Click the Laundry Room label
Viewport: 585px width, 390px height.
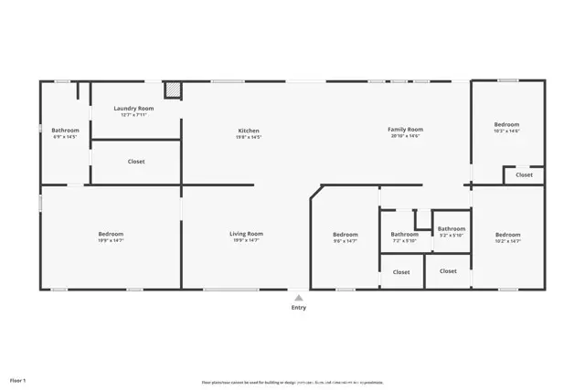(133, 109)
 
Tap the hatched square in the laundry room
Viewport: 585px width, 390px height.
(173, 90)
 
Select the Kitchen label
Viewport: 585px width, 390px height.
(249, 131)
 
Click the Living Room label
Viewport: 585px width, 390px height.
(246, 234)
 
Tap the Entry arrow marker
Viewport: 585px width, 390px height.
(299, 297)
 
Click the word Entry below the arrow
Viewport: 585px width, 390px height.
(299, 307)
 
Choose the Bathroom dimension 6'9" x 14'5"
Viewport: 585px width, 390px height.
(65, 137)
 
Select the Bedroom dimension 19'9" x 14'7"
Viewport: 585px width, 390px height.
(111, 241)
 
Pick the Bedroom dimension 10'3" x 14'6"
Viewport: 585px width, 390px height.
(506, 132)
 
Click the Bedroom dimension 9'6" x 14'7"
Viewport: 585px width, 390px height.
(346, 241)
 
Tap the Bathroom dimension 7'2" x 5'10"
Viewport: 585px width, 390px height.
(404, 241)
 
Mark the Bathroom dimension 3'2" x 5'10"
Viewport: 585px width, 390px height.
(451, 236)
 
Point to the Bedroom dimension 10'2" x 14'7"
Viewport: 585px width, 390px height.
(507, 241)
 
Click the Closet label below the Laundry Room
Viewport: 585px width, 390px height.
(136, 162)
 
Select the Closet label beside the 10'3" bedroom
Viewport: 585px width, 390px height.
(524, 174)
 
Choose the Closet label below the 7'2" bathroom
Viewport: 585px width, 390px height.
(401, 272)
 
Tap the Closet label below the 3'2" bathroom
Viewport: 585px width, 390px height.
(448, 271)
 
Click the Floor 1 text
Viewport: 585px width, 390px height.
(18, 380)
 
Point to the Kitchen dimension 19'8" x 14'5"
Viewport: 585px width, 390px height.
(249, 137)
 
